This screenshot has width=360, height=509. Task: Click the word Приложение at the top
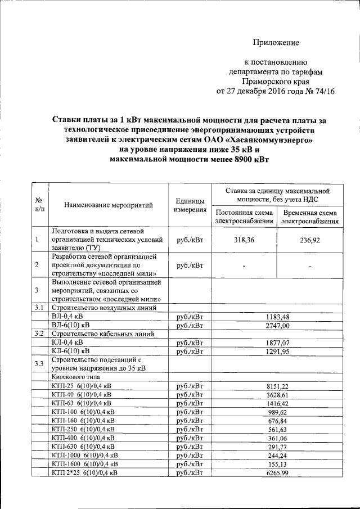click(276, 43)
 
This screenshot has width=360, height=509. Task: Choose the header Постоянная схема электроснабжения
click(244, 217)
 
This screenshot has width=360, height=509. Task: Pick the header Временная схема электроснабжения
click(310, 217)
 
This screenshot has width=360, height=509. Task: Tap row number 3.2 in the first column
click(39, 334)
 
